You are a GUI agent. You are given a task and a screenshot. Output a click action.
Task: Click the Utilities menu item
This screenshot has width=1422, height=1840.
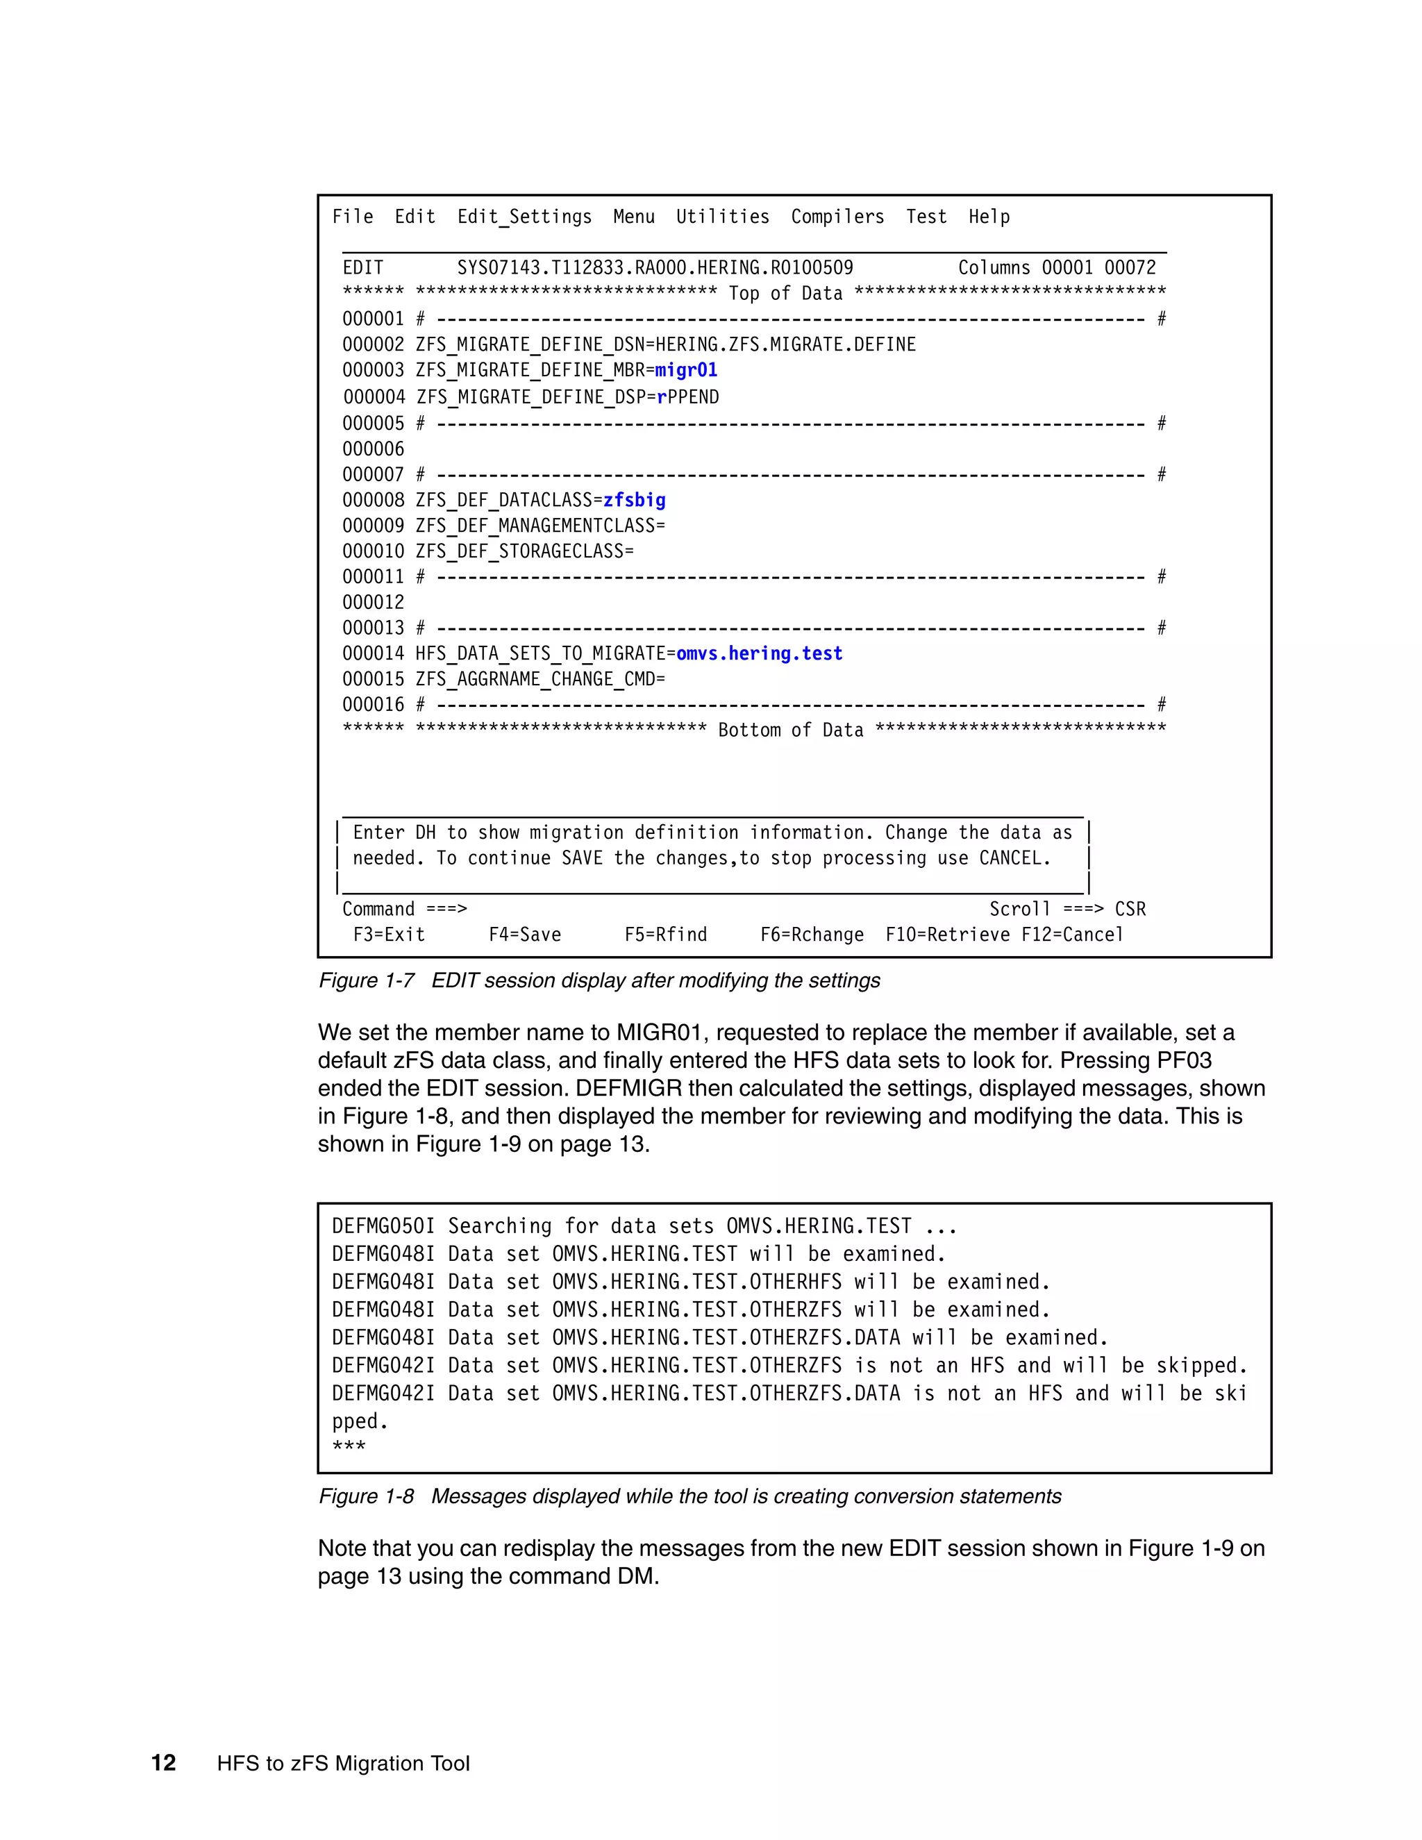click(x=722, y=217)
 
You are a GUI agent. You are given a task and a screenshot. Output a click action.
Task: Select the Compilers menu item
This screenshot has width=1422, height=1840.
click(x=837, y=217)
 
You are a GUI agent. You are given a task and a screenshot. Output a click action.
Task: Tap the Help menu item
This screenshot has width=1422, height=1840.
click(x=988, y=217)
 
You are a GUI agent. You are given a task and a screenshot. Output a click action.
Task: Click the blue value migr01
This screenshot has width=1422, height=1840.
click(x=686, y=370)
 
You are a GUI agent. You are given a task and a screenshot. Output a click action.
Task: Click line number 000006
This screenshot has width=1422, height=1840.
click(x=372, y=449)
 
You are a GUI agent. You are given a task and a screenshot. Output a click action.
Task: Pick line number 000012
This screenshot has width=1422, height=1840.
click(x=372, y=603)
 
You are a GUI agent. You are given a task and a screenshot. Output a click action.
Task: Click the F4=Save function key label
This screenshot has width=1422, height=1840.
click(x=524, y=935)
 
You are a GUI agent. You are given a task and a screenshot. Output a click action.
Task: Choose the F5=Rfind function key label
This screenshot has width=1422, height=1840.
click(x=664, y=935)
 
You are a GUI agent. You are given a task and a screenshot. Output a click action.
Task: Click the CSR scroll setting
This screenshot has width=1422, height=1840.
click(x=1130, y=909)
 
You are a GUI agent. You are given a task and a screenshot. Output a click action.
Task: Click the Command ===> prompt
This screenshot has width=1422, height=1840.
click(x=403, y=909)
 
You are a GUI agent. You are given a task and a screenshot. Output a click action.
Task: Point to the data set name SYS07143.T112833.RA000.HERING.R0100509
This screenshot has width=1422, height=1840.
click(x=655, y=268)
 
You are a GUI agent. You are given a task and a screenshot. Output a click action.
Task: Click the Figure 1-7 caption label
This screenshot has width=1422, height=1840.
click(x=366, y=980)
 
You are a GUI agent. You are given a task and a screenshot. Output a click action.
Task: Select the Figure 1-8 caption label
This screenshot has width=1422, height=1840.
click(x=366, y=1496)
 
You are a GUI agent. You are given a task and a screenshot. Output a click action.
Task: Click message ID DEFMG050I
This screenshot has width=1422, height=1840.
click(x=383, y=1226)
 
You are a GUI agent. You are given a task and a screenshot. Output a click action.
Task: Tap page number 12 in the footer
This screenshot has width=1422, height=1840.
click(x=163, y=1764)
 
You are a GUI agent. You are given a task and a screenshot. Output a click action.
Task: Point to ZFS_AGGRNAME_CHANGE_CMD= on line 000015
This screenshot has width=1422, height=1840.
click(x=539, y=679)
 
